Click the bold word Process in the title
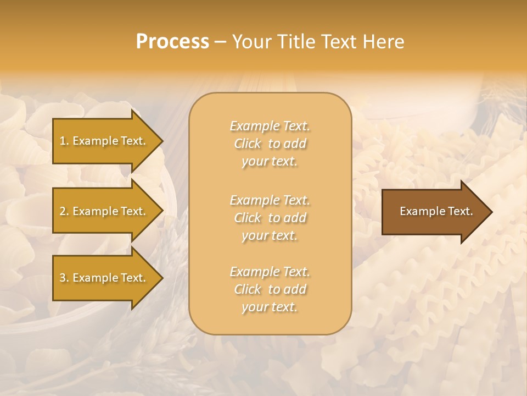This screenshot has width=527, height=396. [x=172, y=42]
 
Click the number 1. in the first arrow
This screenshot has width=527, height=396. [x=64, y=141]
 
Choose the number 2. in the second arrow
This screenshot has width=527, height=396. [x=64, y=211]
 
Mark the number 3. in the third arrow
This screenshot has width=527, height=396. [x=64, y=278]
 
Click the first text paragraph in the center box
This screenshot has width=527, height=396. [x=270, y=144]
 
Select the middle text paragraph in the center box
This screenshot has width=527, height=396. [x=270, y=218]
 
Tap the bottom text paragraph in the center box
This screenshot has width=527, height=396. [x=270, y=289]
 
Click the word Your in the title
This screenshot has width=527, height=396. [x=251, y=42]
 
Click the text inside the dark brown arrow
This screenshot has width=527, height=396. [x=436, y=211]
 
